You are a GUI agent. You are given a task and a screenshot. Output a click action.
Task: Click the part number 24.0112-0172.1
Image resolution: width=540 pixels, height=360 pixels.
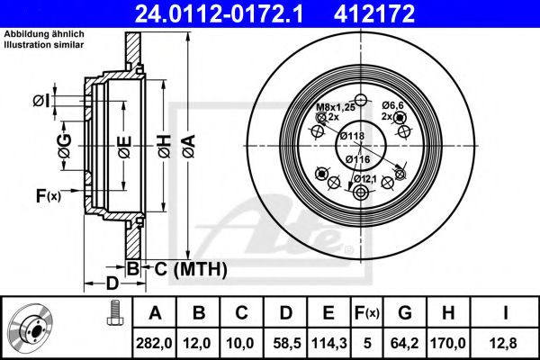(232, 13)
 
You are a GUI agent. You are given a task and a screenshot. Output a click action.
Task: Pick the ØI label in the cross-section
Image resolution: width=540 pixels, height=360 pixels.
(65, 101)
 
